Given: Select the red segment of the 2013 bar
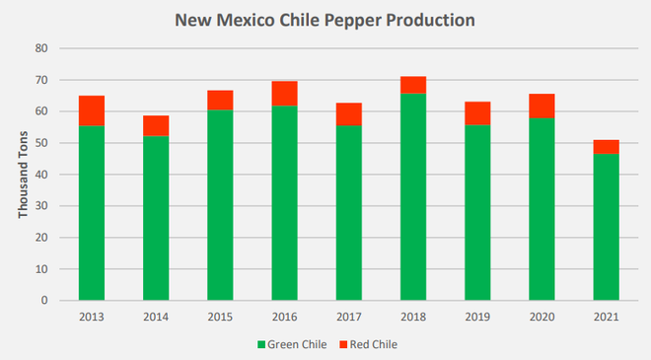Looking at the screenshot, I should [x=92, y=110].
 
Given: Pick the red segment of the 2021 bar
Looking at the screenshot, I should [x=606, y=146].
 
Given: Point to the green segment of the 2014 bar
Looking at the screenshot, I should [x=156, y=217].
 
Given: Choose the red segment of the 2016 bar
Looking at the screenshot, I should [x=285, y=94].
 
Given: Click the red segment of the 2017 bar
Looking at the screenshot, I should [x=349, y=114].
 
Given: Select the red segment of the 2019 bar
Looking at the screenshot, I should [x=477, y=113].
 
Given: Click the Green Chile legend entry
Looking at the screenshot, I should [x=292, y=344].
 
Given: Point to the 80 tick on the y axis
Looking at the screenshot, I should [x=41, y=48].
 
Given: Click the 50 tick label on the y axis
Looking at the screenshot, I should [x=41, y=143].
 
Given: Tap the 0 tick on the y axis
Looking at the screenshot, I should [x=44, y=301].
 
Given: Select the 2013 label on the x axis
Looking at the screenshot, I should [x=92, y=317].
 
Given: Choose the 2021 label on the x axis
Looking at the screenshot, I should [x=606, y=317].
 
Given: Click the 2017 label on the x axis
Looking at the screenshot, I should [x=349, y=317].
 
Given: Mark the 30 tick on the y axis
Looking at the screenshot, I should [x=41, y=206].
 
